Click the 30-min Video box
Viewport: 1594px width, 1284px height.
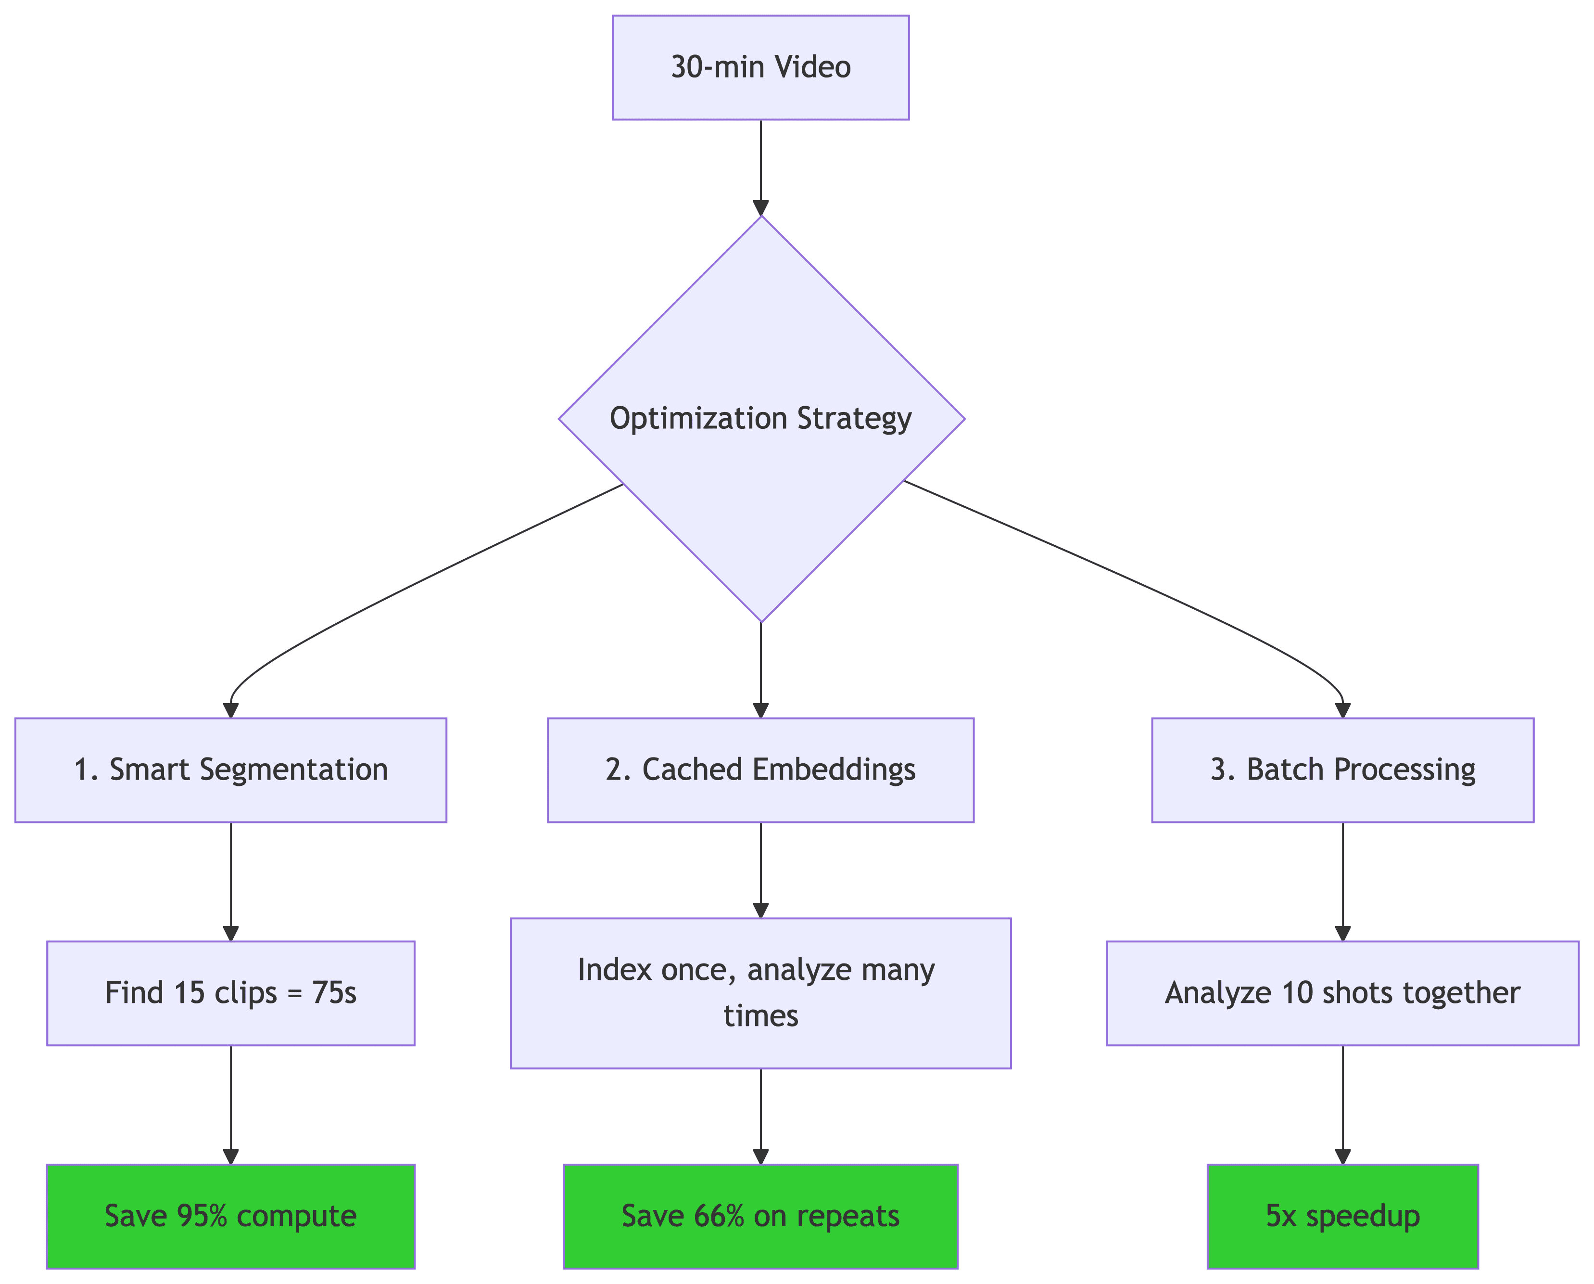(x=760, y=67)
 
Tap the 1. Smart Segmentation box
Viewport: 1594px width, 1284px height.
(x=231, y=770)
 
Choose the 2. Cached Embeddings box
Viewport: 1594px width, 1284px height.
(x=760, y=770)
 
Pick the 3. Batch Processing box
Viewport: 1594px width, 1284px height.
(x=1342, y=770)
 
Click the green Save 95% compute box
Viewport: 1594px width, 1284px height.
(x=231, y=1216)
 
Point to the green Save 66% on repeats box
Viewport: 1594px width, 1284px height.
(x=760, y=1216)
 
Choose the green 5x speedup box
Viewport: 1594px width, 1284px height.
(x=1342, y=1216)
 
